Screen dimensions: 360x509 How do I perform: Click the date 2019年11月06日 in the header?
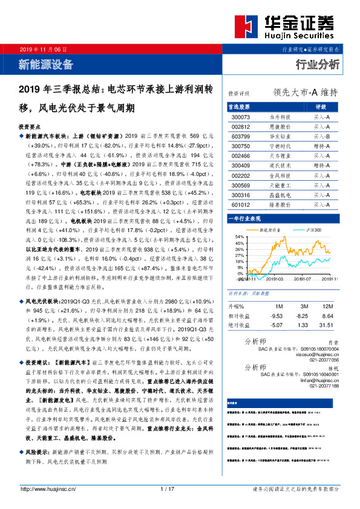pyautogui.click(x=44, y=48)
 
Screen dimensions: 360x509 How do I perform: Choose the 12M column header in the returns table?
pyautogui.click(x=329, y=305)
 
